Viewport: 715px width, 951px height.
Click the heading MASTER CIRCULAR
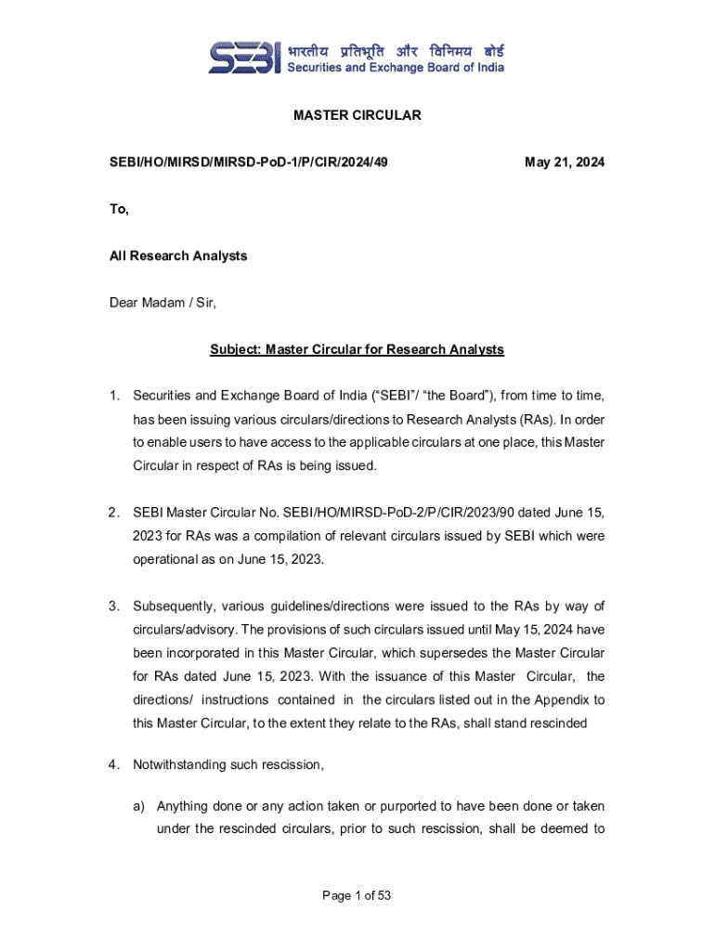[357, 115]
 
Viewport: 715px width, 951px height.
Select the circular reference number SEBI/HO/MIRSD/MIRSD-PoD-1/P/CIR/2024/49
[249, 163]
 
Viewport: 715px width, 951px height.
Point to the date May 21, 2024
[565, 163]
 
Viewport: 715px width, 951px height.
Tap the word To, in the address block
[119, 209]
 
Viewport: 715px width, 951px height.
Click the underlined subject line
[357, 349]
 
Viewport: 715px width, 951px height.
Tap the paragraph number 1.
[113, 397]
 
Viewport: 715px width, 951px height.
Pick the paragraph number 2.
[113, 512]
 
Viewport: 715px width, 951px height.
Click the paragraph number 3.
[113, 606]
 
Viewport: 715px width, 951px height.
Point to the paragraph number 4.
[113, 765]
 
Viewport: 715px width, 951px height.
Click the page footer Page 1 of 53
[357, 895]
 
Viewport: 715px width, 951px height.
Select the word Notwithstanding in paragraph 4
[182, 765]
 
